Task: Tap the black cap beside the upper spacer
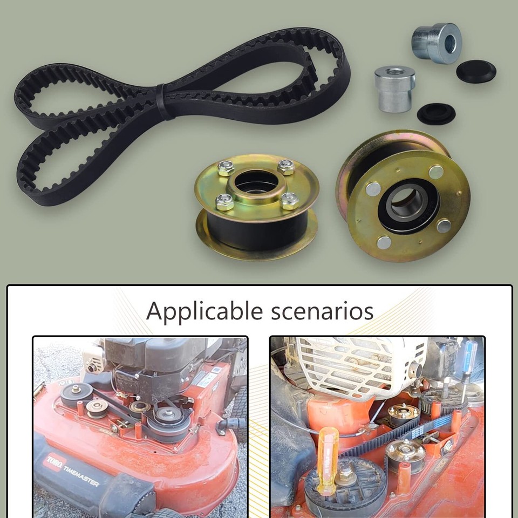coord(475,71)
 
